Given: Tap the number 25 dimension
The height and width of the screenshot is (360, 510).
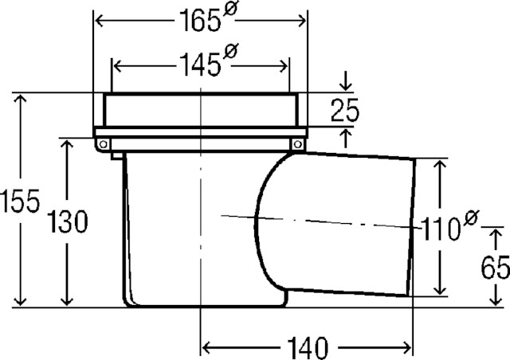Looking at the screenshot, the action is coord(345,110).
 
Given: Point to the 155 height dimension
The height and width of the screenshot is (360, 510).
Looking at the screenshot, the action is coord(20,201).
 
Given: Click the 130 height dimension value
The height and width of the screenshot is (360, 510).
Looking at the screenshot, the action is coord(68,221).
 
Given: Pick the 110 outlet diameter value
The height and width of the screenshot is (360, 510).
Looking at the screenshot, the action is coord(440,229).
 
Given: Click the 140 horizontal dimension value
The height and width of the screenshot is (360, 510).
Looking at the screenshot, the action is coord(308,347).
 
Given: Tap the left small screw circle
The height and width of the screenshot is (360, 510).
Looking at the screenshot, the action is coord(104,144).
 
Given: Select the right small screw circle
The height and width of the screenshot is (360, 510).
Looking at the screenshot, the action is coord(297,144).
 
